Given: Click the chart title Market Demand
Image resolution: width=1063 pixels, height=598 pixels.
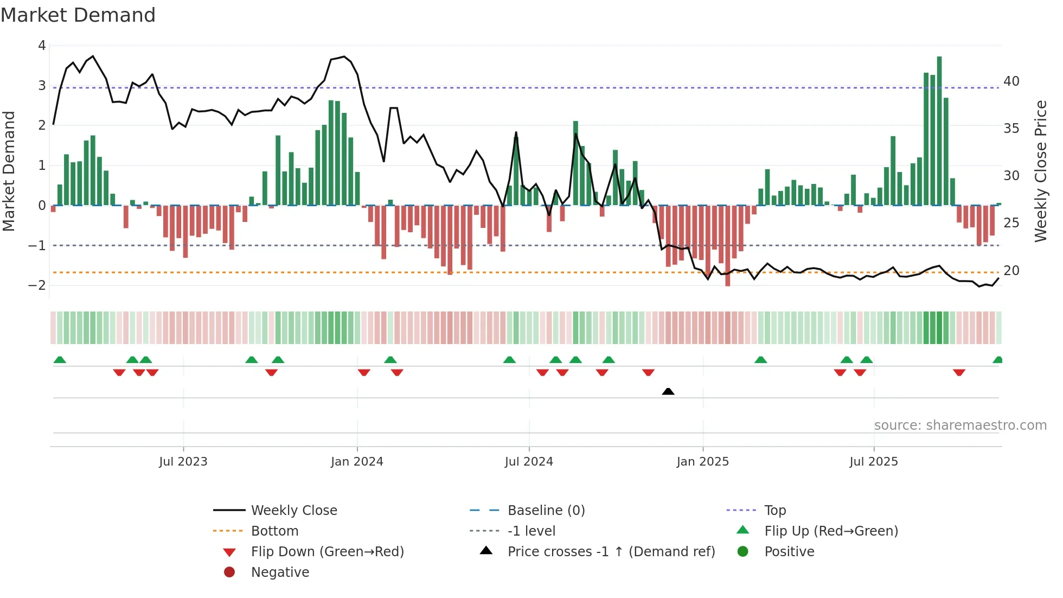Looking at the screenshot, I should [x=78, y=15].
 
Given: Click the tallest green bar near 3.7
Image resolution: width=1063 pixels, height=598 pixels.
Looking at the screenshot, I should [x=939, y=130].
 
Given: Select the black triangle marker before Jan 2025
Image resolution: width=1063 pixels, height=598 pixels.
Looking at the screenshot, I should [x=668, y=391].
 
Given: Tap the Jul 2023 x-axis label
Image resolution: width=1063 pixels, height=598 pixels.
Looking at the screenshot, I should [x=183, y=462].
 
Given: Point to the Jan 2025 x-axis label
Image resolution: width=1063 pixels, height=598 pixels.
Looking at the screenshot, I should [x=703, y=462].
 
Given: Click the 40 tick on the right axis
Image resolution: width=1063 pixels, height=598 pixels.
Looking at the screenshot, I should [x=1011, y=81].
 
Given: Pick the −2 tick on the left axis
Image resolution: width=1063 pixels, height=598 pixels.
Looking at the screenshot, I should [x=37, y=285].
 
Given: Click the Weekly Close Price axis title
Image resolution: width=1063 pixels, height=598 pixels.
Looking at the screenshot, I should [x=1041, y=171].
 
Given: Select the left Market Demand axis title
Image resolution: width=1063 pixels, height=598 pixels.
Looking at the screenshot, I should [x=9, y=171].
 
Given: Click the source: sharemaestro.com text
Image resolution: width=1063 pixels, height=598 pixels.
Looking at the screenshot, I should [x=960, y=425].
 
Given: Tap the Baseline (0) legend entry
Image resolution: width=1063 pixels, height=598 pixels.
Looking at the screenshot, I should [x=546, y=511].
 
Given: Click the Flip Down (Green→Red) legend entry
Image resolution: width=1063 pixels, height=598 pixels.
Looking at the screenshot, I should [x=327, y=552].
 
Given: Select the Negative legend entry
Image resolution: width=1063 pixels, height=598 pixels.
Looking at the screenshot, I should [x=280, y=572].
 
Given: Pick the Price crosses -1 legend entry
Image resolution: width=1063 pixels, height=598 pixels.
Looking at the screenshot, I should [x=611, y=552].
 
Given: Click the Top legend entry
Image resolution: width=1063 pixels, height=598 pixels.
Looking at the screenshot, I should [x=775, y=511].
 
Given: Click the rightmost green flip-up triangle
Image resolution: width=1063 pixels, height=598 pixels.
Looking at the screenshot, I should [x=997, y=360].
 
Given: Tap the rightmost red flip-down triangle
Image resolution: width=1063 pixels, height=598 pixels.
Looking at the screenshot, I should [x=959, y=372].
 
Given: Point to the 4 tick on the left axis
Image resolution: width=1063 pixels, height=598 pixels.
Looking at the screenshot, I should [x=42, y=46].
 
